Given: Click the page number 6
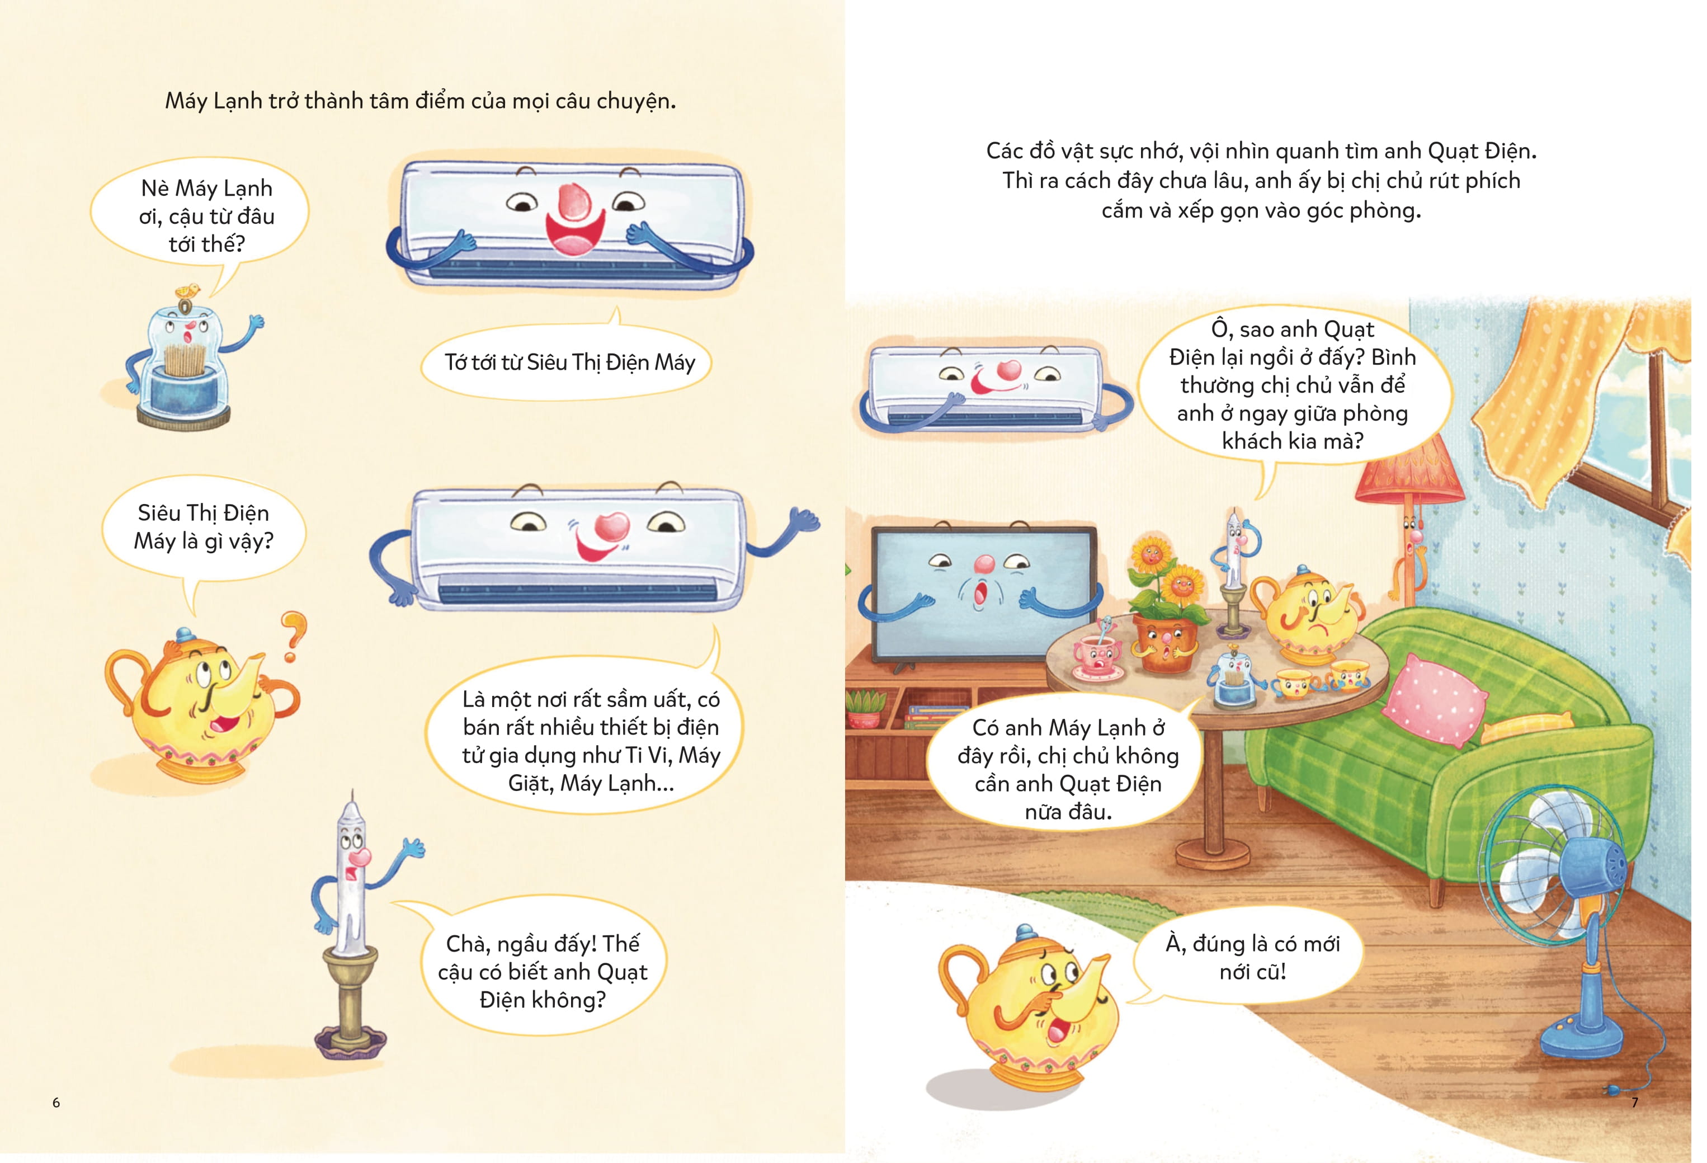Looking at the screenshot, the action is [56, 1102].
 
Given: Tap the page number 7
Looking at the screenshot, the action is [1635, 1102].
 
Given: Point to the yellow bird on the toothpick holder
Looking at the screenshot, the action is [190, 289].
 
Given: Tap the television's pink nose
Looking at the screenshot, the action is [983, 564].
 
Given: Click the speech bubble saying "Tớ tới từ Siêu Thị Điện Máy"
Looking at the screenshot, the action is [567, 361].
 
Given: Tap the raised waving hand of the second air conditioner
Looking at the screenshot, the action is [802, 521].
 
